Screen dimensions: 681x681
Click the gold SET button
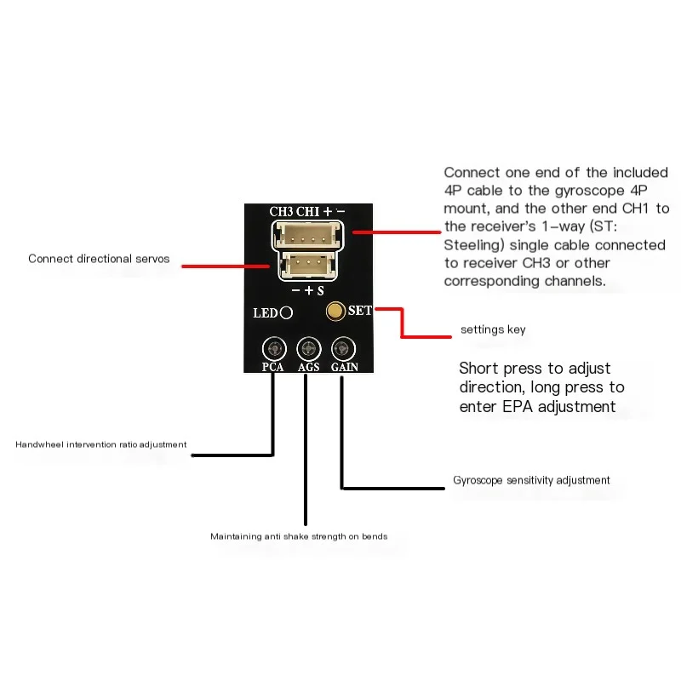click(x=335, y=311)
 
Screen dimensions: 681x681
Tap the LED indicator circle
click(x=286, y=312)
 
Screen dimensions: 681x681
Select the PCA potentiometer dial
click(x=274, y=349)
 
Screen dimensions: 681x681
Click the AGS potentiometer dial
click(x=309, y=349)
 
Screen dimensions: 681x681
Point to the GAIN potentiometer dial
click(x=343, y=349)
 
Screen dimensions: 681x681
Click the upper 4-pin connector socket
click(x=307, y=236)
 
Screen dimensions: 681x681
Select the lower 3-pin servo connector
click(x=307, y=266)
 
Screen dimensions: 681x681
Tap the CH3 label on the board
click(x=281, y=211)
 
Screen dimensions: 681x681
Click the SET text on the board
click(x=359, y=311)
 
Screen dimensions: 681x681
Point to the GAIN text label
click(x=345, y=367)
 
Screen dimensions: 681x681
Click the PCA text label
click(x=272, y=367)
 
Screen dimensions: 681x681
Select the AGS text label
click(x=309, y=367)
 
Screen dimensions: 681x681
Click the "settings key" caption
click(x=493, y=329)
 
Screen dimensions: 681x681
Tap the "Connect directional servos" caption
click(x=99, y=259)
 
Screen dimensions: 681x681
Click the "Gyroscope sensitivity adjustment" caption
click(x=531, y=480)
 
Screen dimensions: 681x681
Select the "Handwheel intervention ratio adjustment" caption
click(x=100, y=444)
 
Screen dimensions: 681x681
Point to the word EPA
click(x=518, y=407)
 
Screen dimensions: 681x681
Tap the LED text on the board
click(x=266, y=313)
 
